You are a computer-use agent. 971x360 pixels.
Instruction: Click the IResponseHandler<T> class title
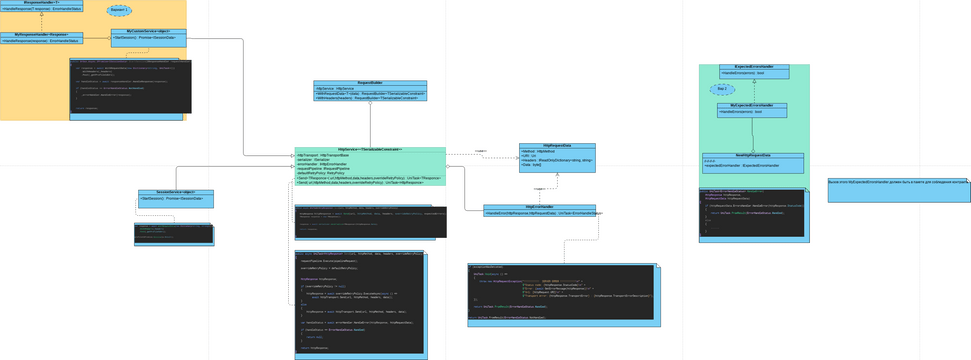point(41,3)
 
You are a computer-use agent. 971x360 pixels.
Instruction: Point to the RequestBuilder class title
point(371,83)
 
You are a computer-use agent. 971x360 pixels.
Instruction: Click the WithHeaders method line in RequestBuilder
point(371,98)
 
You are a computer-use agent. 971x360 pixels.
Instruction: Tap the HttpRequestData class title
point(556,145)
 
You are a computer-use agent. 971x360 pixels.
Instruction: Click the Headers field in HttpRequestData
point(556,160)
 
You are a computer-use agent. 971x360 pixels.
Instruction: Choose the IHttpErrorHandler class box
point(539,210)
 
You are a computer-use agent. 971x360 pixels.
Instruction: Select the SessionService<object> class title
point(175,192)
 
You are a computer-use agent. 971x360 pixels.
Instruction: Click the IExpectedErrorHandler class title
point(753,67)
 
